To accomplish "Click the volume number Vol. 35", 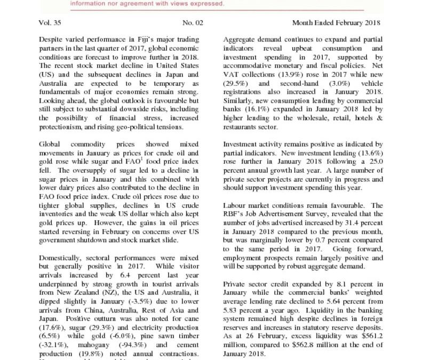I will pyautogui.click(x=50, y=24).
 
